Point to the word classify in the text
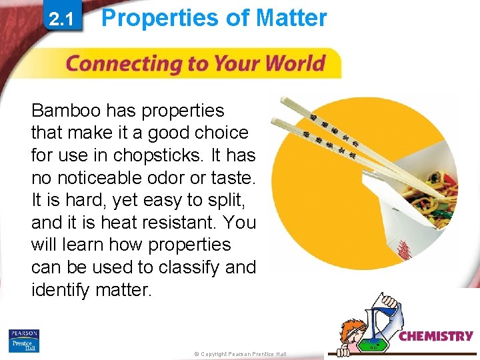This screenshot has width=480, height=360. [x=188, y=267]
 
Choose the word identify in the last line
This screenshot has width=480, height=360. [x=63, y=290]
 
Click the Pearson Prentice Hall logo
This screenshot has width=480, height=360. [x=24, y=341]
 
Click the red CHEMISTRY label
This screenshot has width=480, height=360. [x=436, y=337]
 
